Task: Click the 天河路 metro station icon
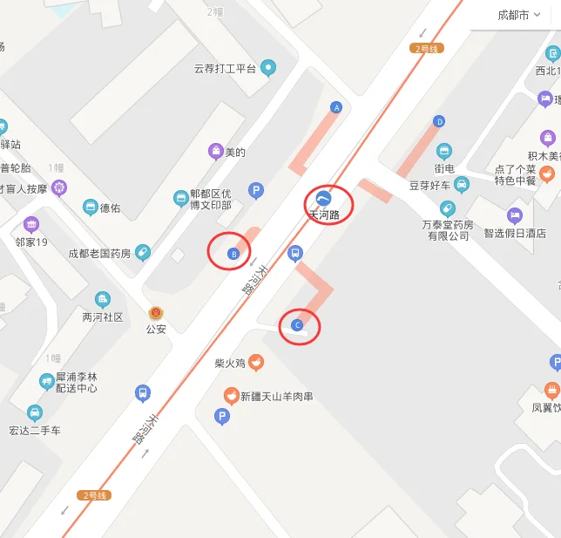(323, 197)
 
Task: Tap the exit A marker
(336, 107)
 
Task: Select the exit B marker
(233, 254)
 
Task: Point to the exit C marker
(297, 325)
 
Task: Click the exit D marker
(439, 121)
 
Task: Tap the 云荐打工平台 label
(225, 68)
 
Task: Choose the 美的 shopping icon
(215, 152)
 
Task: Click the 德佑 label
(110, 208)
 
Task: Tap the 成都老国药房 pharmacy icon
(142, 253)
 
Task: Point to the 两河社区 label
(103, 317)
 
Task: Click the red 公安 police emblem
(156, 312)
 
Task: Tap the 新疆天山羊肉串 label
(276, 397)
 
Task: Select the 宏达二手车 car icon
(34, 412)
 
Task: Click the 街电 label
(444, 168)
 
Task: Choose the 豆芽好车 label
(429, 185)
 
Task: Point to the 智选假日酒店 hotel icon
(515, 215)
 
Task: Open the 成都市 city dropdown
(518, 15)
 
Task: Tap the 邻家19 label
(31, 242)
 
